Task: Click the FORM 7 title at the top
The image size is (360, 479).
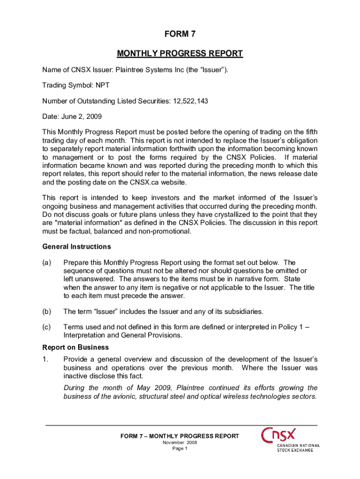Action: (180, 34)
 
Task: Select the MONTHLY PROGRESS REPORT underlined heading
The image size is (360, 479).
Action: (180, 53)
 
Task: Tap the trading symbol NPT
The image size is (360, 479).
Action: (103, 86)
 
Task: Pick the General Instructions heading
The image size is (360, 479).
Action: (76, 247)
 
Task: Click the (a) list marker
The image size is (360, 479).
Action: (47, 262)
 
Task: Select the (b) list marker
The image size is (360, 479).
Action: (47, 312)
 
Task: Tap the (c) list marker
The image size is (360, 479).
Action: (47, 327)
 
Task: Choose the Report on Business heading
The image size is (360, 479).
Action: (75, 348)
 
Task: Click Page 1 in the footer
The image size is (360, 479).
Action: (180, 449)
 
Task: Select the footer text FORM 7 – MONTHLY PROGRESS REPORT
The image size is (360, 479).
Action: (180, 436)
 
